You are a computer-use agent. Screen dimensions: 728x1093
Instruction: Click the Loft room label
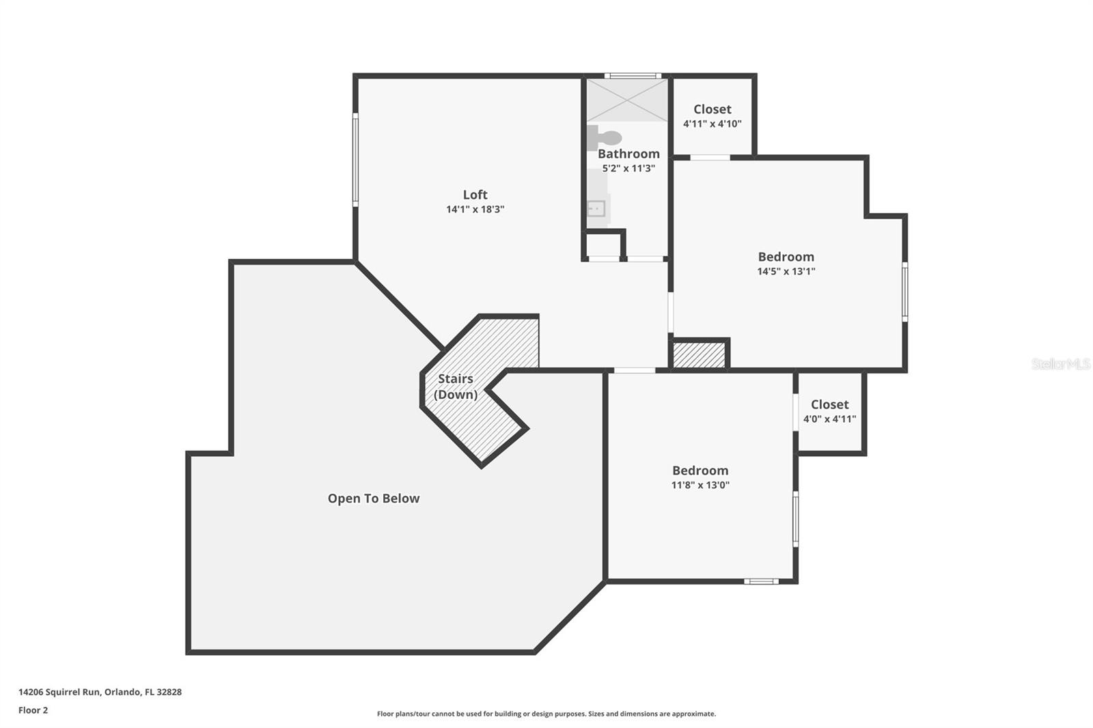[x=475, y=195]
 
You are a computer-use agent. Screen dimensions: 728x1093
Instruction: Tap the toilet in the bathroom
[x=605, y=137]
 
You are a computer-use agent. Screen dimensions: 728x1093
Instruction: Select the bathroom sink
[x=596, y=208]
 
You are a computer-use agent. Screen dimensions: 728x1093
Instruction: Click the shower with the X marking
[x=626, y=100]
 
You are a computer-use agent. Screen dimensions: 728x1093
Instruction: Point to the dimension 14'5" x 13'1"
[x=786, y=271]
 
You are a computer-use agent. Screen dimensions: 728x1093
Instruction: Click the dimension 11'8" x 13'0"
[x=700, y=485]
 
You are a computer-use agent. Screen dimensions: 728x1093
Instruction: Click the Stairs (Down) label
[x=456, y=387]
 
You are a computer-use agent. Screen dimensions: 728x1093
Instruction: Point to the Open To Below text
[x=373, y=499]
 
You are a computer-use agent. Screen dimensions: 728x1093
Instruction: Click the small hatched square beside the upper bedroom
[x=699, y=355]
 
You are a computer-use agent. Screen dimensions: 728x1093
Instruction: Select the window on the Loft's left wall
[x=355, y=160]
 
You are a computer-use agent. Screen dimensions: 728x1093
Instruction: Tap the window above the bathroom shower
[x=632, y=76]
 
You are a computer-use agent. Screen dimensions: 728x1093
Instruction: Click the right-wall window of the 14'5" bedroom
[x=904, y=292]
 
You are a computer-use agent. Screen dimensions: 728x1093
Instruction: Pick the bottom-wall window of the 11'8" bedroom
[x=760, y=581]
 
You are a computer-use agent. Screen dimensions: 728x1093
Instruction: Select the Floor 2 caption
[x=33, y=710]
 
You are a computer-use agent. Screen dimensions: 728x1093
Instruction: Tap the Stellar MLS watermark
[x=1060, y=364]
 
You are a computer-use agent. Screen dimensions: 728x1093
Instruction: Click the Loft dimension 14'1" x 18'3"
[x=475, y=210]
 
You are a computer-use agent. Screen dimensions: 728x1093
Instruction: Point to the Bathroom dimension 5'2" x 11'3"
[x=628, y=168]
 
